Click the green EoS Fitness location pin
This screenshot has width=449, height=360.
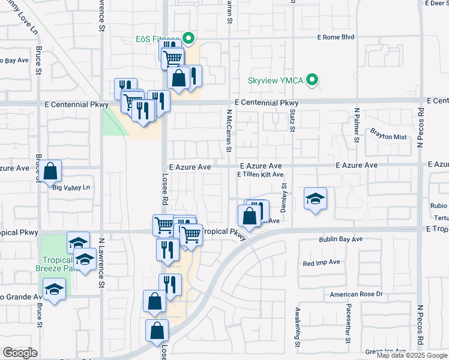[x=188, y=40]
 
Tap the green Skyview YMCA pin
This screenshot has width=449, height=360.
[x=312, y=80]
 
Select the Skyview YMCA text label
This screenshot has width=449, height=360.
[x=276, y=80]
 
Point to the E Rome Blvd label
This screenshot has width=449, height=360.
[x=336, y=37]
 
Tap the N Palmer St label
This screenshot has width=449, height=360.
[x=356, y=125]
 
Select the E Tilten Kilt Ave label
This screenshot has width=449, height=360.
[x=260, y=175]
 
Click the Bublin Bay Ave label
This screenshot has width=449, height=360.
[x=340, y=239]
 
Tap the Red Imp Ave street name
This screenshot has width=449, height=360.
[x=322, y=262]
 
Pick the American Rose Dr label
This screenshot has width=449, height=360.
[x=356, y=295]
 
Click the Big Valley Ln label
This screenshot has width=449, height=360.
[x=71, y=188]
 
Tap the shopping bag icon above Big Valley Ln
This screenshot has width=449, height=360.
[x=52, y=172]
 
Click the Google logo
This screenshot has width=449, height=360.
[x=20, y=353]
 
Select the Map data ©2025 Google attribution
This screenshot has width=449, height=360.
[x=412, y=355]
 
